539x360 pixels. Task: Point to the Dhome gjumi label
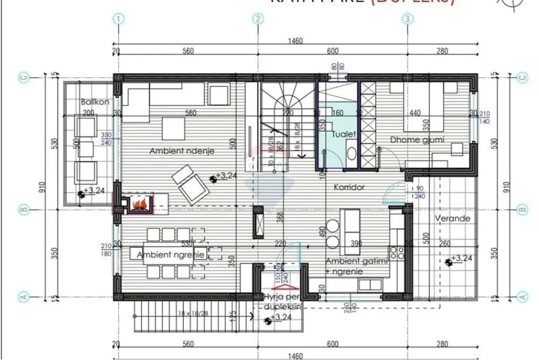pyautogui.click(x=416, y=140)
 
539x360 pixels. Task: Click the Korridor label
pyautogui.click(x=349, y=186)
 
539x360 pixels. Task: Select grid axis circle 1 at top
pyautogui.click(x=118, y=19)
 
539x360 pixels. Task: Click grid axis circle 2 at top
pyautogui.click(x=258, y=19)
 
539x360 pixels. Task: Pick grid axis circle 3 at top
pyautogui.click(x=407, y=19)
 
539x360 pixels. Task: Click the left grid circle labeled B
pyautogui.click(x=23, y=210)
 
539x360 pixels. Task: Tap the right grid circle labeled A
pyautogui.click(x=522, y=296)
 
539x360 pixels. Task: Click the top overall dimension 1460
pyautogui.click(x=295, y=41)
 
